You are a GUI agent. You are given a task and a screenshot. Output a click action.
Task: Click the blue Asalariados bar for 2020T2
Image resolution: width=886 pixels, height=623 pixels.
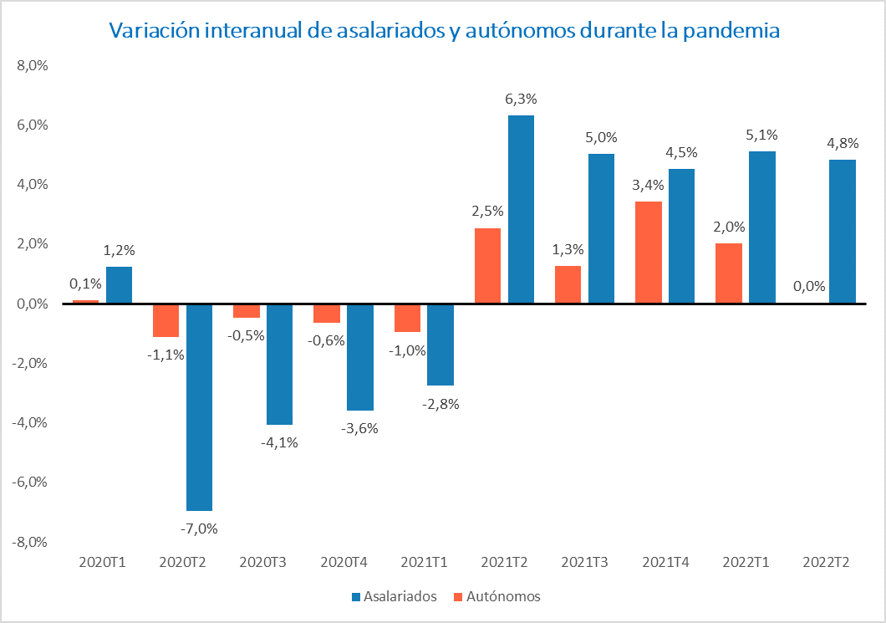click(199, 406)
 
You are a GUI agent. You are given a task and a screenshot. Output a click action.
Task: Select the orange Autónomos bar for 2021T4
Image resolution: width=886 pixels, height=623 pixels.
click(648, 253)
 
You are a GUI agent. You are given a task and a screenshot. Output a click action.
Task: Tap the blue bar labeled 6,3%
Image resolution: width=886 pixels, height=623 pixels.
click(521, 209)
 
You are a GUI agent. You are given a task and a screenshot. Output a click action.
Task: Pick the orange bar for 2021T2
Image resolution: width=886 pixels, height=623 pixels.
click(487, 266)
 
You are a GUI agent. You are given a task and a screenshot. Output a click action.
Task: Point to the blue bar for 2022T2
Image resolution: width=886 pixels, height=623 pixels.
click(843, 232)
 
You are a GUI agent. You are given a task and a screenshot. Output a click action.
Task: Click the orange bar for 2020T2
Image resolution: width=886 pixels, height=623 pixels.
click(165, 320)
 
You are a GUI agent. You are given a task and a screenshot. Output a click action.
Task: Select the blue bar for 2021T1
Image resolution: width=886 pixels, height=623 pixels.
click(440, 345)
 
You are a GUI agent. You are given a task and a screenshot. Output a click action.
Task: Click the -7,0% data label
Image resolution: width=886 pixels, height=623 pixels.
click(199, 528)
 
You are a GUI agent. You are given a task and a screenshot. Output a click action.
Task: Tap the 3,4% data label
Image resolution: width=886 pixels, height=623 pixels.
click(649, 185)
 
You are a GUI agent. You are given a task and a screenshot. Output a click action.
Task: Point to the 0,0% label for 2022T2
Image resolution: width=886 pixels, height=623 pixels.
click(809, 286)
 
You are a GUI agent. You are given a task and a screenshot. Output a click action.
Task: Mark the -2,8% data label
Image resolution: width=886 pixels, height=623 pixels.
click(440, 403)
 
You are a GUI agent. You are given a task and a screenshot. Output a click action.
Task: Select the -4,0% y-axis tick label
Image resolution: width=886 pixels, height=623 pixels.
click(31, 423)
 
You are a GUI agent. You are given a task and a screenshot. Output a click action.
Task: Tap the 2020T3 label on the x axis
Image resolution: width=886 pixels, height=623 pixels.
click(262, 563)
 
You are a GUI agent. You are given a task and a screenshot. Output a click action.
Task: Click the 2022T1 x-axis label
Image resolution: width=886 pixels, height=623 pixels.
click(745, 563)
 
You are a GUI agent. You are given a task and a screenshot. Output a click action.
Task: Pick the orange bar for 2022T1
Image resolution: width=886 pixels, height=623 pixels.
click(729, 273)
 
